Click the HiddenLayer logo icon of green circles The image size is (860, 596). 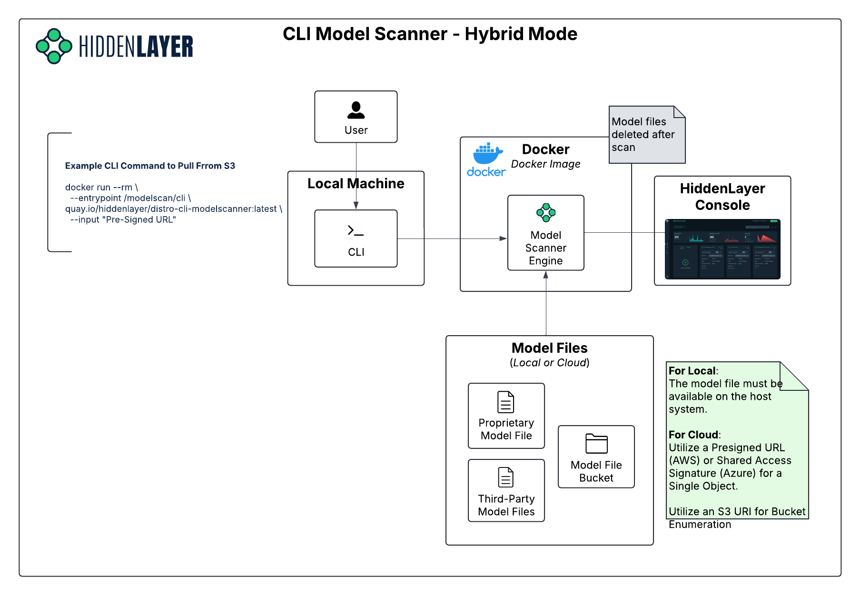click(x=54, y=46)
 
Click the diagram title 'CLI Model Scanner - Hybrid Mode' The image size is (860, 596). click(x=430, y=34)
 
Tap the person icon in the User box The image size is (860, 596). click(x=356, y=110)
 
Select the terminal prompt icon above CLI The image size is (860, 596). click(x=356, y=231)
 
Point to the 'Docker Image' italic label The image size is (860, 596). click(x=545, y=164)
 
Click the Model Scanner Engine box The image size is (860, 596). click(x=546, y=233)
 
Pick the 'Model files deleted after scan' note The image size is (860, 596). click(x=646, y=135)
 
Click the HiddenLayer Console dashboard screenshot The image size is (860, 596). click(x=722, y=249)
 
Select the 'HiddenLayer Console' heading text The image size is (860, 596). click(x=722, y=197)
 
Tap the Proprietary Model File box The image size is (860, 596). click(x=506, y=416)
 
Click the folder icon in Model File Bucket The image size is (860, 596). click(x=596, y=444)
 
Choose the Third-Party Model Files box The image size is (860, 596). click(x=506, y=490)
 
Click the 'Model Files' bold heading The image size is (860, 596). click(x=549, y=348)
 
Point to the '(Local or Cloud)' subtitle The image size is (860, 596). click(x=549, y=363)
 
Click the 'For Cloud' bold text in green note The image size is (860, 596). click(x=693, y=435)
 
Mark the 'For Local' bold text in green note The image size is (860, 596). click(x=692, y=371)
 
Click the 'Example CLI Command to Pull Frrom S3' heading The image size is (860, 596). click(x=150, y=166)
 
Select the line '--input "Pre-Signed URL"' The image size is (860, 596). click(x=123, y=220)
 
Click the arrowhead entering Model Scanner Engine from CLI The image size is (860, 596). click(x=503, y=238)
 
